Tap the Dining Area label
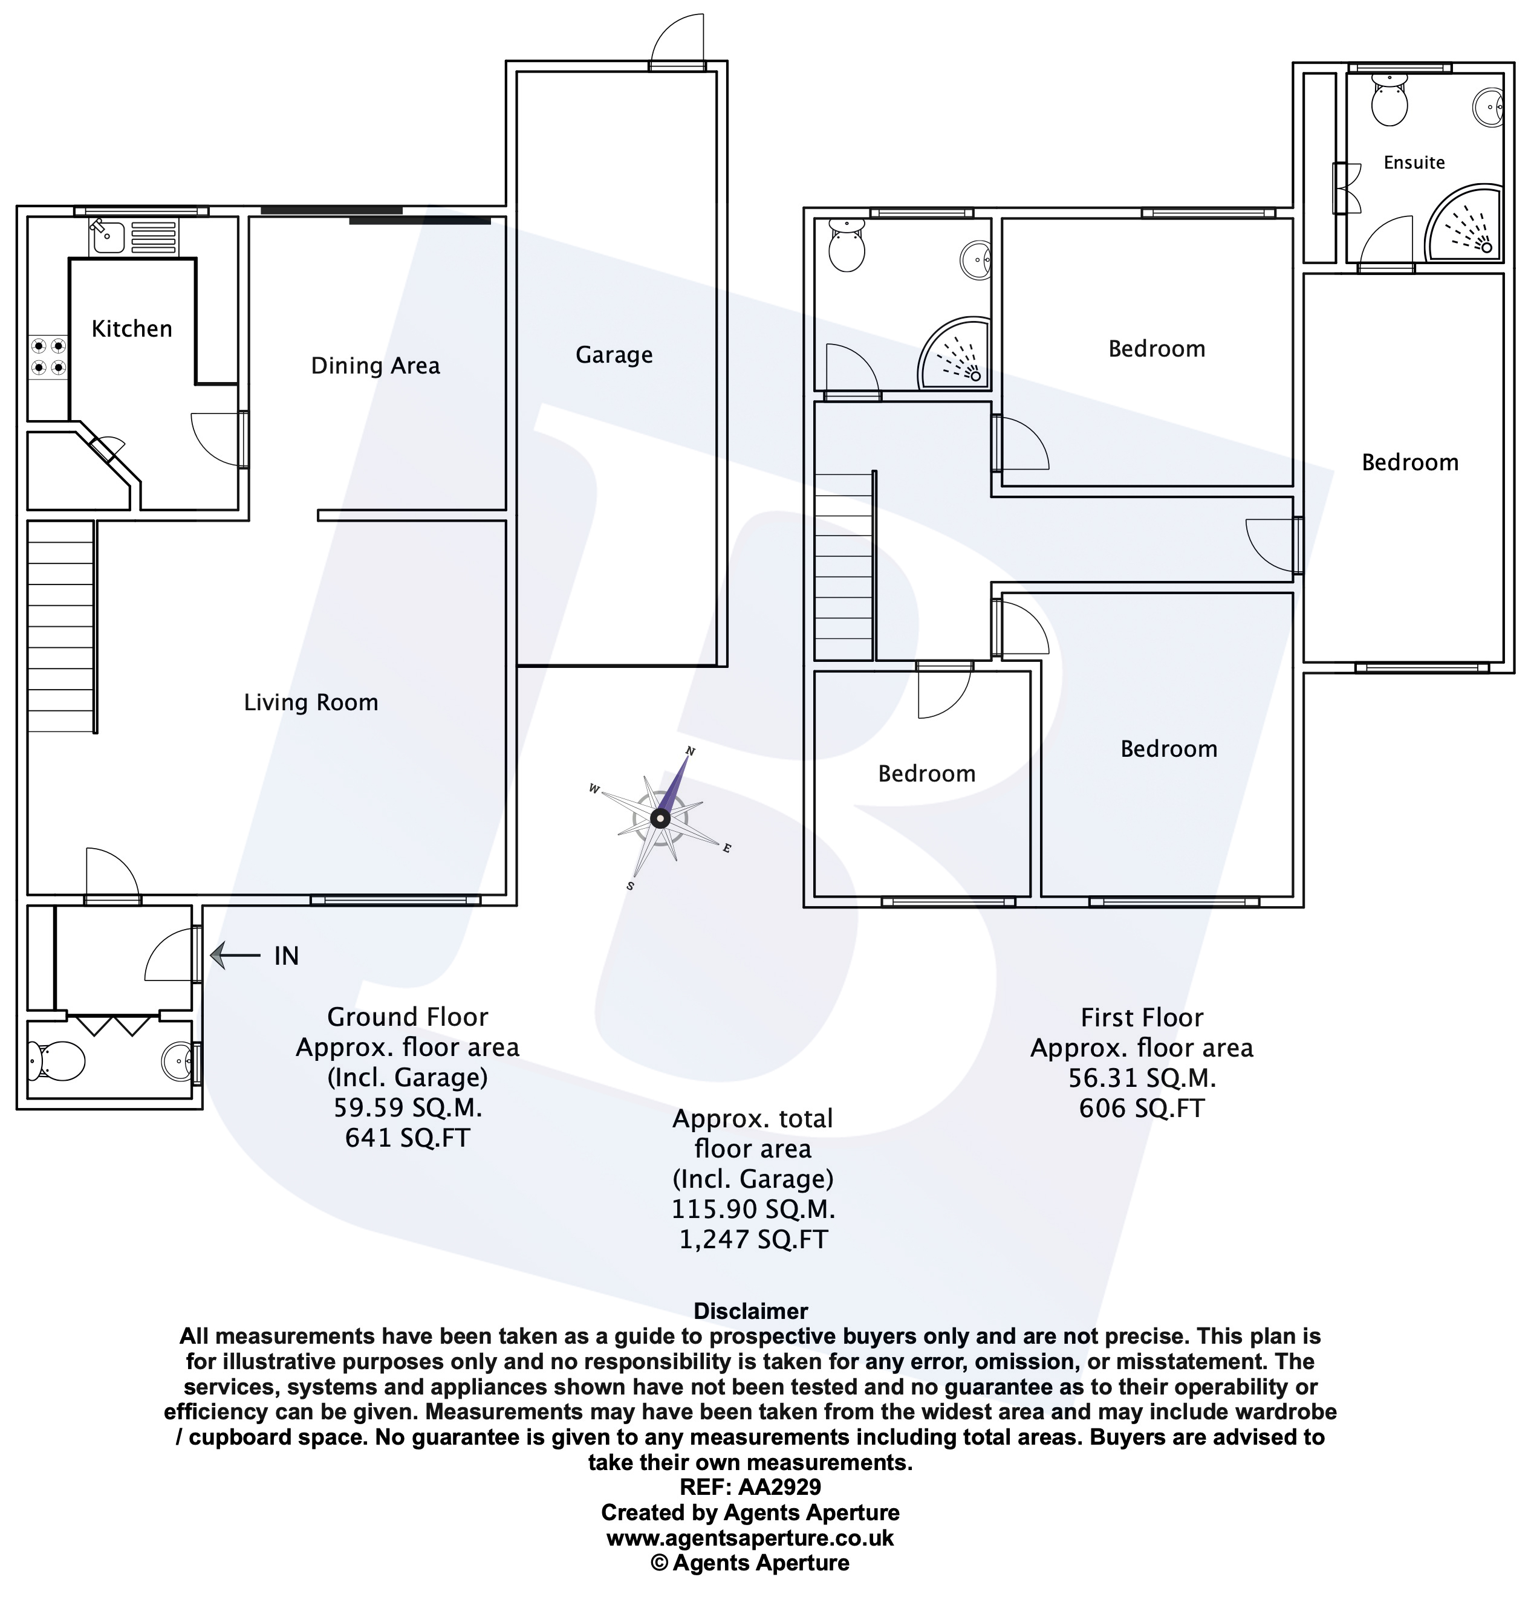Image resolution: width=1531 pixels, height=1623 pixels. click(x=375, y=366)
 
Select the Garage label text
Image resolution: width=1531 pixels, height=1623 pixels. click(x=614, y=355)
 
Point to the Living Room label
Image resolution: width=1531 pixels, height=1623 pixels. click(x=311, y=702)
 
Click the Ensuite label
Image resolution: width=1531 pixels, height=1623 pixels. click(x=1414, y=163)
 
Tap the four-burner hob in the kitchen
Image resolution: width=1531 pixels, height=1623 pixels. click(x=48, y=357)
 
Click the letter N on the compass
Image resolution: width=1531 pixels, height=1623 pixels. click(x=690, y=751)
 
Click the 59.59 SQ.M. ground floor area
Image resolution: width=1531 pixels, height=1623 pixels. click(x=408, y=1108)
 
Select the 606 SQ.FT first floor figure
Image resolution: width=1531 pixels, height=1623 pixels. click(x=1142, y=1108)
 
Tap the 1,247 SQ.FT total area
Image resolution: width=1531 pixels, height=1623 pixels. click(x=753, y=1239)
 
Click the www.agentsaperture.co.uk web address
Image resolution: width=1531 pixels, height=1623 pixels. click(x=750, y=1538)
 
